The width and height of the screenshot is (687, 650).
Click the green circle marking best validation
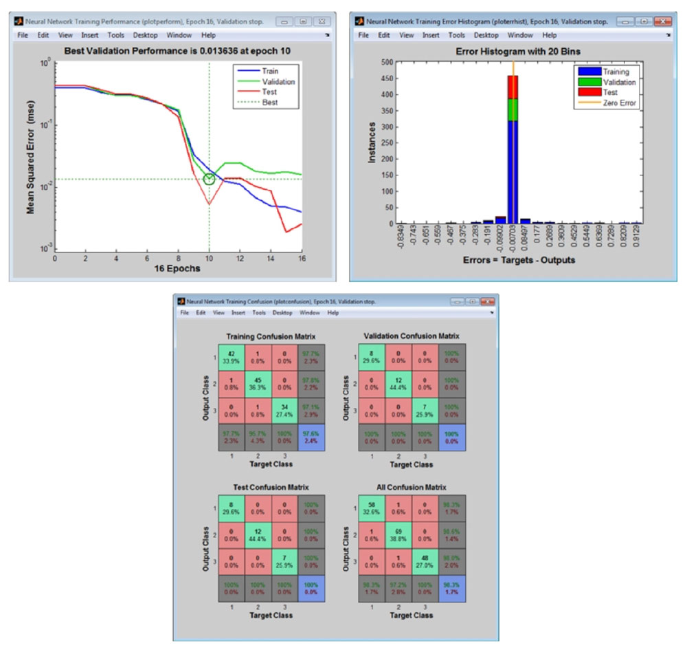[x=210, y=179]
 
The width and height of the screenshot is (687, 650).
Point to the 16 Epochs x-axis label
[x=178, y=268]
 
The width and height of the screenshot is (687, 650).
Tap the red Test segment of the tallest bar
[x=513, y=87]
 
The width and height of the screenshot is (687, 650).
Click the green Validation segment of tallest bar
[x=513, y=110]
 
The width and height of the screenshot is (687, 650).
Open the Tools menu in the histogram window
[x=457, y=35]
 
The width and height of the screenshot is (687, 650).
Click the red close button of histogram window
[x=662, y=21]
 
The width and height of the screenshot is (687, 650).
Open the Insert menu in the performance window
[x=89, y=35]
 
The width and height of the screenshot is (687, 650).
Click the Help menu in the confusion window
[x=333, y=313]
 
